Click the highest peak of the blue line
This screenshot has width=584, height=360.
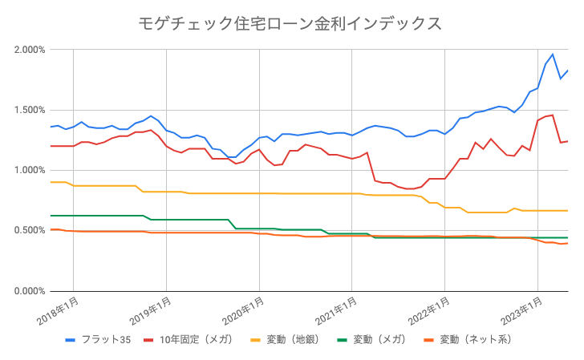(x=553, y=55)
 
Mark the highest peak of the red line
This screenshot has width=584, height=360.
(x=553, y=115)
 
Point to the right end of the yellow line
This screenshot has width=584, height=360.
(x=568, y=211)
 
